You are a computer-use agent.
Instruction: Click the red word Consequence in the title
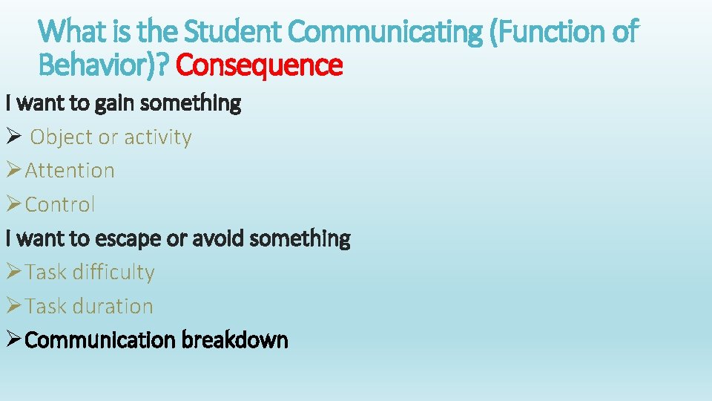[260, 65]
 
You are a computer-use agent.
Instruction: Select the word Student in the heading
[233, 32]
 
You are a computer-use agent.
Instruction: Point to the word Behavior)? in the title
[105, 65]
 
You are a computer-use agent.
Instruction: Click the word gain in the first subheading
[115, 103]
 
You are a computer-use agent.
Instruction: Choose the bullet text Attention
[70, 171]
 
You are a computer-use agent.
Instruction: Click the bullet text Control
[60, 204]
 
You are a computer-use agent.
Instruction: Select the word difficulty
[113, 273]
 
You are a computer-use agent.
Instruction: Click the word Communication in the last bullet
[100, 340]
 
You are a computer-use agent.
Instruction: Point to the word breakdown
[235, 340]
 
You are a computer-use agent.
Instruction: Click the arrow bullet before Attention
[13, 171]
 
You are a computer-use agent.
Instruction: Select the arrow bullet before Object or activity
[13, 137]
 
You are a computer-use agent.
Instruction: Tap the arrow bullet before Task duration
[13, 306]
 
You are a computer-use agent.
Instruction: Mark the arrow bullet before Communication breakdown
[13, 340]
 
